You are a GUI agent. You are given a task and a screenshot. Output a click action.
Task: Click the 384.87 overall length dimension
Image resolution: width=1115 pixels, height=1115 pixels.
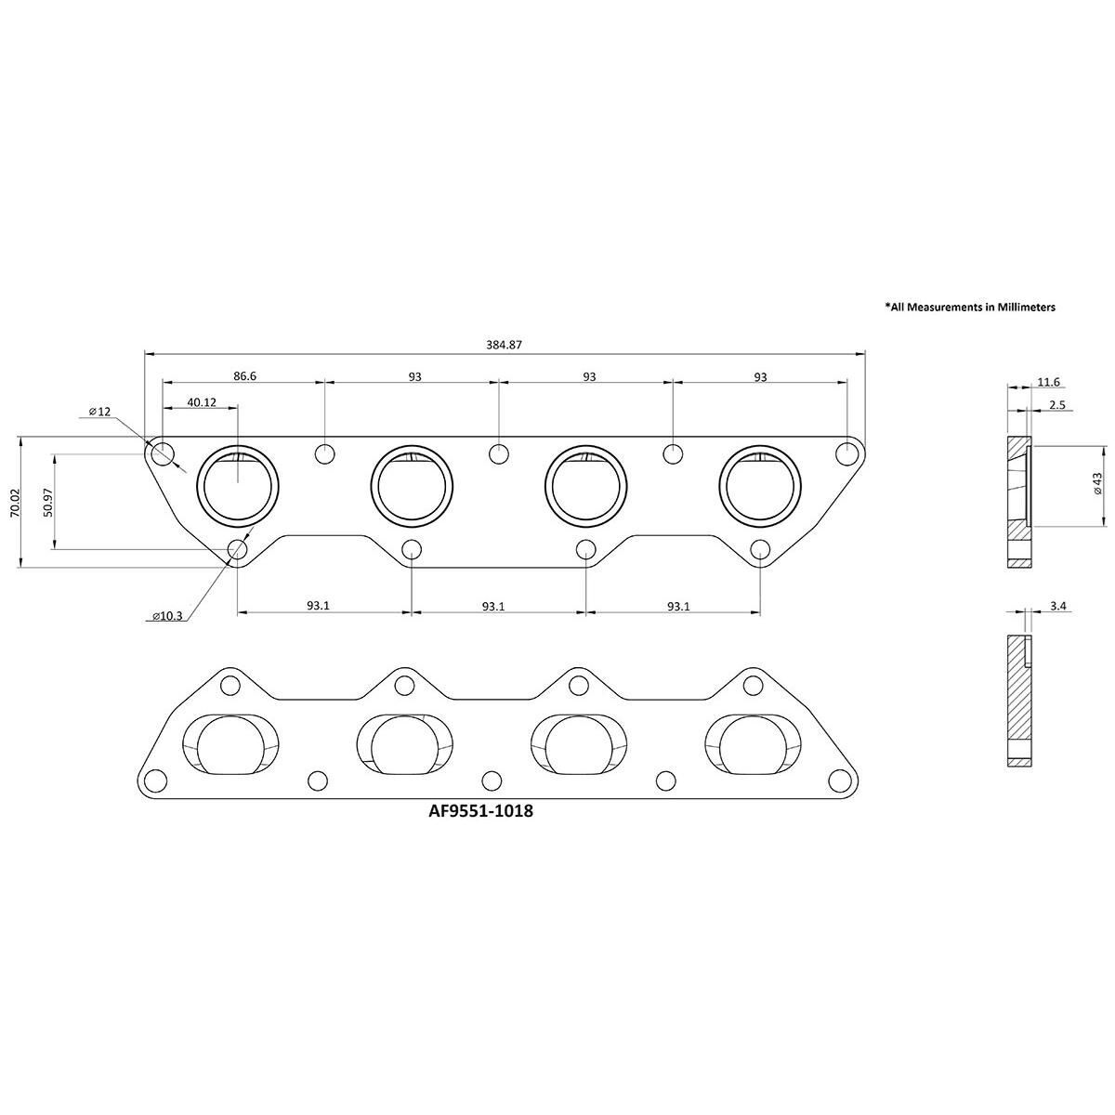(x=505, y=344)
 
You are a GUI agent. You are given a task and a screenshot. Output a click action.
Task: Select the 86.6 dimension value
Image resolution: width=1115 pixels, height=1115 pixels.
(x=244, y=376)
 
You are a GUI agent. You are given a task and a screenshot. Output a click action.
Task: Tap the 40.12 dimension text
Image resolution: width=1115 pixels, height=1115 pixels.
(x=201, y=402)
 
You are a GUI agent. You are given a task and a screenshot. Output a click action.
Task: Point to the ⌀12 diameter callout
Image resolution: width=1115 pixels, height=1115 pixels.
(x=99, y=411)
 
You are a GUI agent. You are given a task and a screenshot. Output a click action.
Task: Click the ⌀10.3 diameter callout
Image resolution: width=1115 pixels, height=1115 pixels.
(x=169, y=616)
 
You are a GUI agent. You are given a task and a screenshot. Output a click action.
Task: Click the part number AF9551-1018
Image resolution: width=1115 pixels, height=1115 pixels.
(x=480, y=810)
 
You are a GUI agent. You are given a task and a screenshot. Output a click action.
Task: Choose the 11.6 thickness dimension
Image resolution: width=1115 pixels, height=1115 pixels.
(x=1048, y=382)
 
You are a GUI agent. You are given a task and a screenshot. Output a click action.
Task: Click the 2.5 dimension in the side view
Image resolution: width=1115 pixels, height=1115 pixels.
(x=1056, y=405)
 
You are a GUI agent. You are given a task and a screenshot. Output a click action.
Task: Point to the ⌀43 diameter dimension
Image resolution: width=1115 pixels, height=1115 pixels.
(x=1097, y=485)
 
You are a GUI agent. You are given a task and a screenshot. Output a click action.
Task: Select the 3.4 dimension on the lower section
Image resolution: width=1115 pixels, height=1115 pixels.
(x=1057, y=606)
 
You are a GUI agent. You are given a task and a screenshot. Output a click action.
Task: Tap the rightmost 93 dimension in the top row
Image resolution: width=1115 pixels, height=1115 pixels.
(x=760, y=376)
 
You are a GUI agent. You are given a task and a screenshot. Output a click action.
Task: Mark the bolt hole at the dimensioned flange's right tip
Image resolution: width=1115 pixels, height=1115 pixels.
(x=846, y=454)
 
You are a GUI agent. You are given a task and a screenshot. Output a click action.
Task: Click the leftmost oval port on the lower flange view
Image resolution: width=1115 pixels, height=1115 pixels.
(x=230, y=745)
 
